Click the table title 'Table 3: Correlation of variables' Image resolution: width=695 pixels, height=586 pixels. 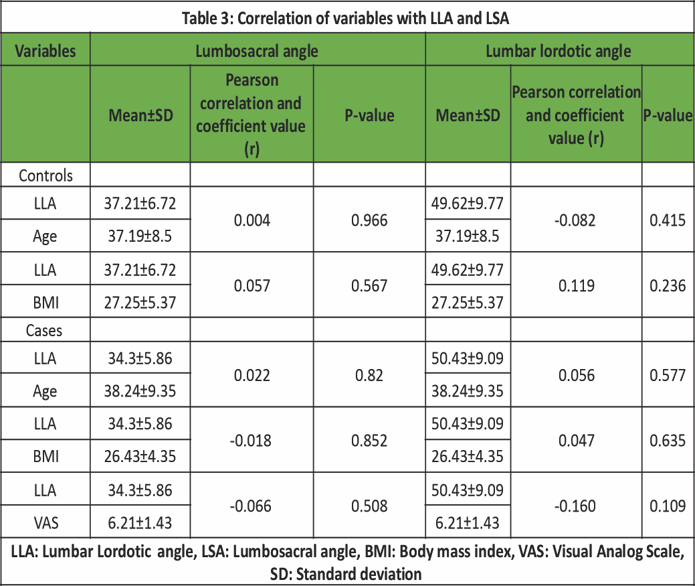click(346, 18)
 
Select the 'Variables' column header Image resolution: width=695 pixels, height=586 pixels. click(45, 51)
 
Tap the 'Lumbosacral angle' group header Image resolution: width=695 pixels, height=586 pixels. click(256, 51)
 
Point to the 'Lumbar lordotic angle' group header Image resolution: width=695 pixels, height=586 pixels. click(559, 51)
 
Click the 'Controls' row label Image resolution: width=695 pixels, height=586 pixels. click(45, 175)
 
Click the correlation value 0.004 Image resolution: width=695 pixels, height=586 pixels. click(252, 219)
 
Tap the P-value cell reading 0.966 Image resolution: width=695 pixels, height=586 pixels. click(369, 219)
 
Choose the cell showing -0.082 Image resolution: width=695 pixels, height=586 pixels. click(576, 219)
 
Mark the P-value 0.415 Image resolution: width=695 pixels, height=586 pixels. click(668, 219)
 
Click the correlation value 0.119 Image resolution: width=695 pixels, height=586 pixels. click(576, 285)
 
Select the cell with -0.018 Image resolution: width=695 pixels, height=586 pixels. click(252, 441)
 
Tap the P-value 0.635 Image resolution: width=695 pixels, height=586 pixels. click(668, 441)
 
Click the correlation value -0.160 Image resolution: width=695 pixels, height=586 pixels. click(576, 506)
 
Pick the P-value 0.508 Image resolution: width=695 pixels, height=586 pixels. click(369, 506)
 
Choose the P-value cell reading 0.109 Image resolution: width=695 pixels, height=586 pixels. click(668, 506)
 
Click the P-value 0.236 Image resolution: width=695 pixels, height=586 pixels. click(668, 285)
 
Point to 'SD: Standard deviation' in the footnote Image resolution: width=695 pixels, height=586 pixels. click(346, 574)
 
